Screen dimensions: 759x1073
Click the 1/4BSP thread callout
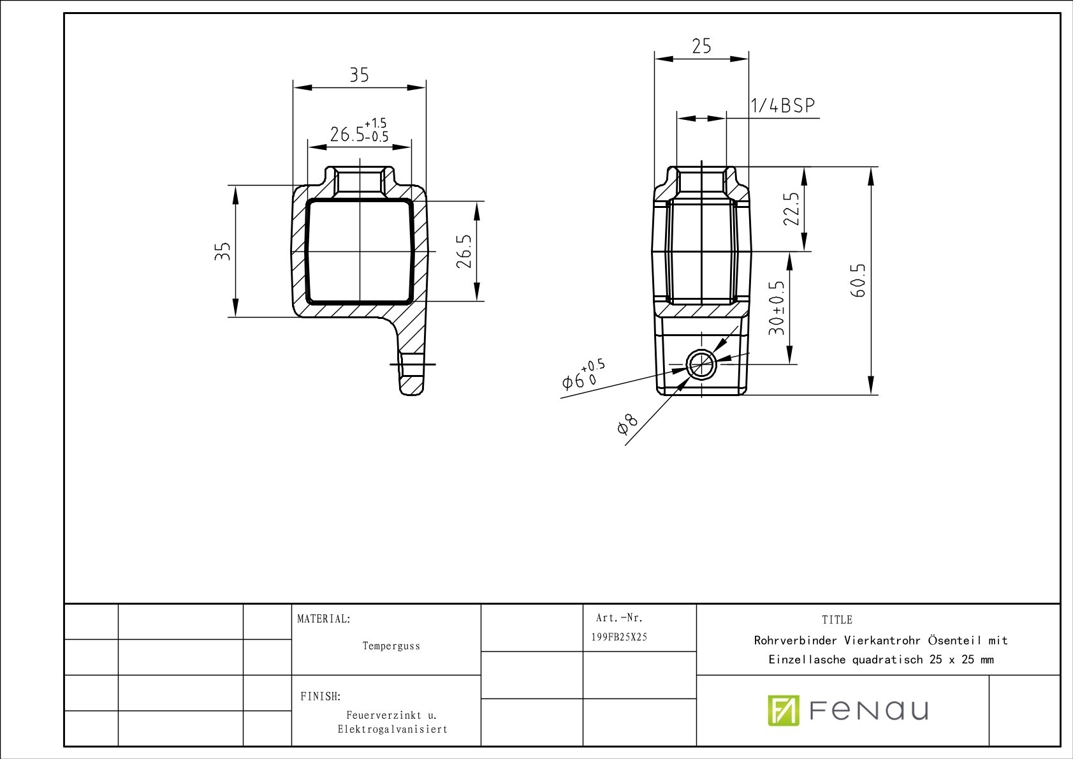click(783, 106)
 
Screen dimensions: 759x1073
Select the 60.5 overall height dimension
click(858, 280)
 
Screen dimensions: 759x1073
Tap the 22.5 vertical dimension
click(791, 209)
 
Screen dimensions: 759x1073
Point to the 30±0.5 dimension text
click(777, 308)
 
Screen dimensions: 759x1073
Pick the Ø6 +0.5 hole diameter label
click(583, 376)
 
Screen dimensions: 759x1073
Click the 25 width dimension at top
click(701, 47)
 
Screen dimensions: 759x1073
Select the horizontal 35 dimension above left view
click(359, 75)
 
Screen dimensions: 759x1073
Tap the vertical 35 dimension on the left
click(222, 251)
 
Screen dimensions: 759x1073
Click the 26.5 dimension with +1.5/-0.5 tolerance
click(359, 132)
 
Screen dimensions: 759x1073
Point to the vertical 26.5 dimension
click(465, 251)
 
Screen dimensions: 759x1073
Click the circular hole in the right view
click(701, 365)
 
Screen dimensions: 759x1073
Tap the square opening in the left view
click(360, 251)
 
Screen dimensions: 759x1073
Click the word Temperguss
click(391, 646)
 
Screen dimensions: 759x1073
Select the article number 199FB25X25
click(619, 637)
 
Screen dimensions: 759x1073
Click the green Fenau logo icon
click(783, 710)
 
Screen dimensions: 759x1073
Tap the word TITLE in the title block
click(836, 620)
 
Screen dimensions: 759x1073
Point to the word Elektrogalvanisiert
click(392, 729)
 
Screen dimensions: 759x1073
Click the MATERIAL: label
click(324, 619)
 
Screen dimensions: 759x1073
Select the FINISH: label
click(320, 696)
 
